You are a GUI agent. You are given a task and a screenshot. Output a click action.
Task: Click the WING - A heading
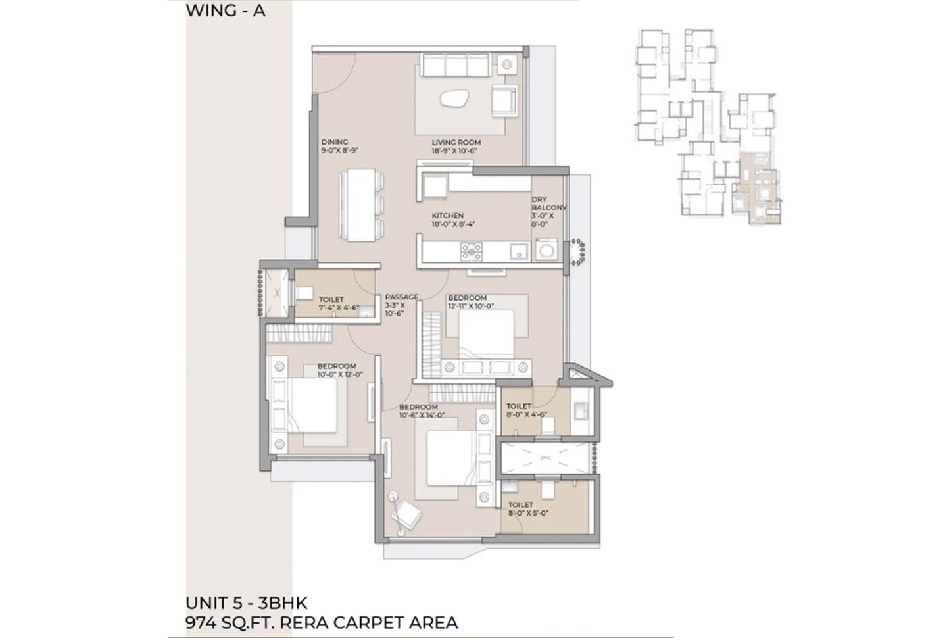click(226, 11)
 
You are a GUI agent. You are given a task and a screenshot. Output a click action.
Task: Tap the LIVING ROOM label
click(456, 142)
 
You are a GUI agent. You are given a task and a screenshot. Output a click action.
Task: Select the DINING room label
click(334, 142)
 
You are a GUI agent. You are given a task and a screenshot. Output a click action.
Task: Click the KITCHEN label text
click(447, 216)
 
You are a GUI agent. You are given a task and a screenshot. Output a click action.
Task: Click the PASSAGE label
click(401, 297)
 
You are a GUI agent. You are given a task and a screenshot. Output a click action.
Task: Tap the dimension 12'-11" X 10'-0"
click(471, 306)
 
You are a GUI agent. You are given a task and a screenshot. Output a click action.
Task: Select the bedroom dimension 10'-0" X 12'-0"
click(340, 374)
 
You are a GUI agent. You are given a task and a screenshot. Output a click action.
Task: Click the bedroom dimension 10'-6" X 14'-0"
click(422, 415)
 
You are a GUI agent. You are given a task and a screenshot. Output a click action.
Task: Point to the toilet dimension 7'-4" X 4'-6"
click(338, 307)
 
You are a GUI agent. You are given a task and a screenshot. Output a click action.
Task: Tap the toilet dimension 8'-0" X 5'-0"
click(528, 513)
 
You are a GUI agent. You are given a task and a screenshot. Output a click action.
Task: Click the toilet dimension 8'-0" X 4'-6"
click(528, 415)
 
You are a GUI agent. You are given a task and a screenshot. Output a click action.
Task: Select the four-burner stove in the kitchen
click(471, 251)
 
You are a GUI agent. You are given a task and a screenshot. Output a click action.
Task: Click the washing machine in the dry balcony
click(546, 251)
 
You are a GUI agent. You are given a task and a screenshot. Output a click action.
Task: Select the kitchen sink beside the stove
click(518, 251)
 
